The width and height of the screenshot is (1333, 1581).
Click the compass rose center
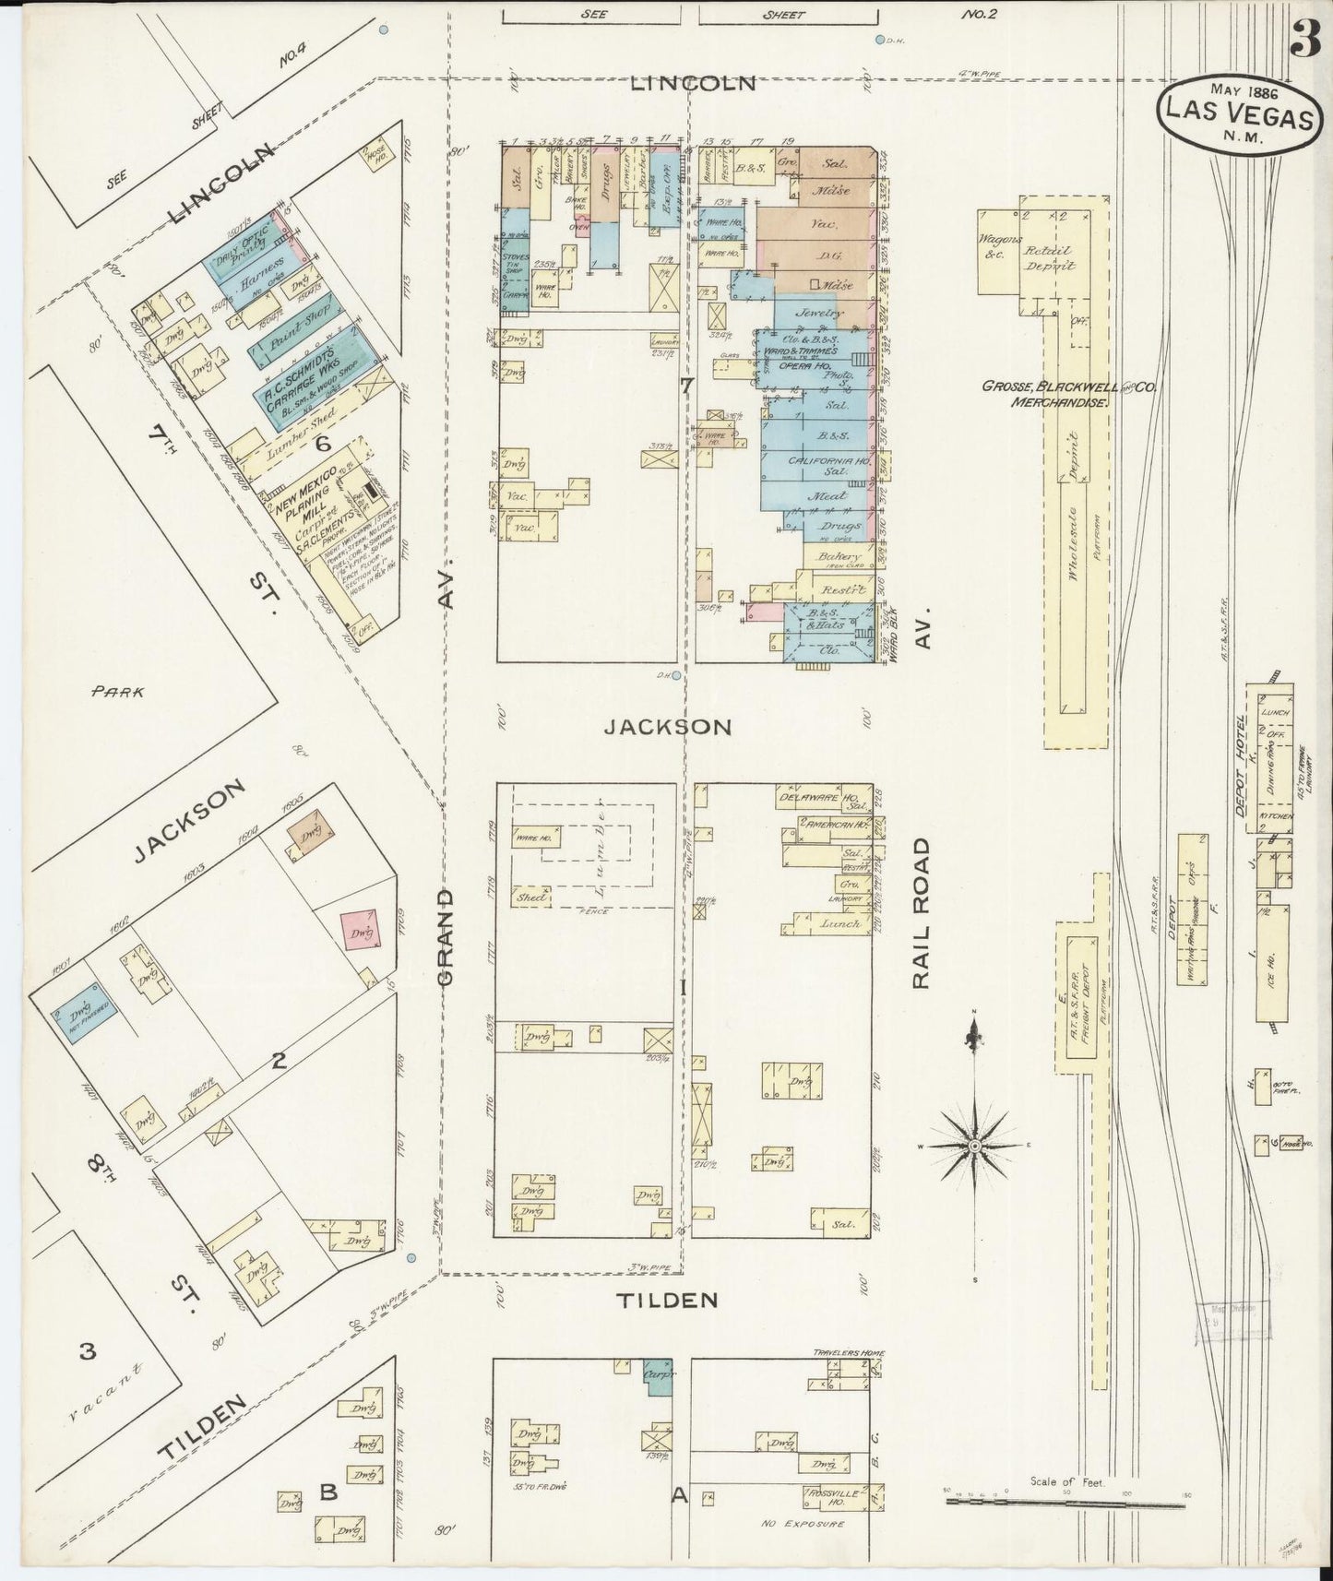point(974,1146)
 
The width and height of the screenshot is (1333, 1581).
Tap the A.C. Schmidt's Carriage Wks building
point(308,388)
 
